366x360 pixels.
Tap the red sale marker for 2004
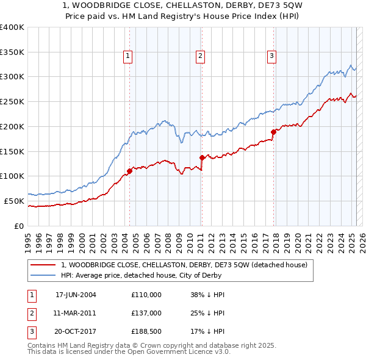[129, 171]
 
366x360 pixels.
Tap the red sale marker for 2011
[201, 157]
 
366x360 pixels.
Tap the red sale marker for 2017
[273, 131]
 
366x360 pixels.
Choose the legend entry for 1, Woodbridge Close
[187, 264]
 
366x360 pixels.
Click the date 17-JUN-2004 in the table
[76, 295]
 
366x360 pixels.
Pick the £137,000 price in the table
[146, 313]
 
